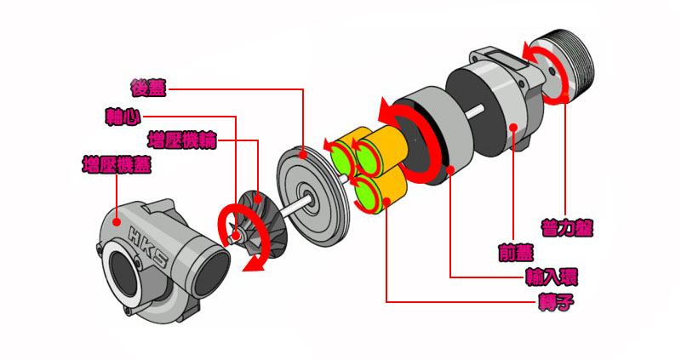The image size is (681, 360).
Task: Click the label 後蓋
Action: coord(148,88)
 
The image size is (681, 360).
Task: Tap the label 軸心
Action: coord(123,117)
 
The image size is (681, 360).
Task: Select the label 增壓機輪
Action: coord(182,140)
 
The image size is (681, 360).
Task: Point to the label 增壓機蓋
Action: coord(117,165)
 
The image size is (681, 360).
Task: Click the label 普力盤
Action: coord(567,227)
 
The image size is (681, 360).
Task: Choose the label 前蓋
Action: coord(516,252)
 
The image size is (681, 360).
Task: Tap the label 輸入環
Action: coord(552,277)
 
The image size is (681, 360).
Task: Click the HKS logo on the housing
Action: coord(148,246)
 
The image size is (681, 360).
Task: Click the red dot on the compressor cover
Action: coord(117,222)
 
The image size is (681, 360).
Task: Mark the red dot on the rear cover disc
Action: coord(303,154)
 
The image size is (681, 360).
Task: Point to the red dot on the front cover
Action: coord(513,127)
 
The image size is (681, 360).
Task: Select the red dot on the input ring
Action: coord(450,169)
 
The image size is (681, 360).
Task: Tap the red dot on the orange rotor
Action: coord(386,200)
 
